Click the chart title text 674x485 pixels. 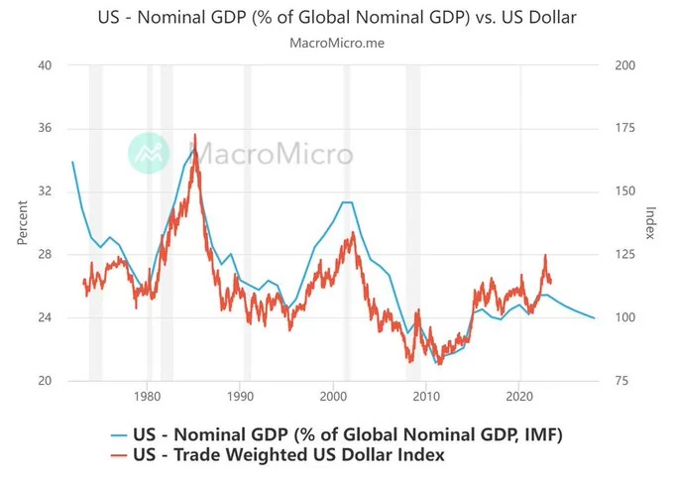tap(337, 17)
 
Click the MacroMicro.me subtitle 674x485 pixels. tap(337, 43)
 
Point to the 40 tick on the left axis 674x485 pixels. tap(45, 65)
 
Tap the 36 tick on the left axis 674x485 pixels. tap(45, 129)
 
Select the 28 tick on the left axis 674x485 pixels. tap(45, 255)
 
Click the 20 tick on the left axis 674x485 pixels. tap(45, 381)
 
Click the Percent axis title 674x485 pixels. tap(22, 223)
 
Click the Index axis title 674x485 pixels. tap(650, 223)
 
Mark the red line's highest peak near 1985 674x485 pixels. tap(194, 134)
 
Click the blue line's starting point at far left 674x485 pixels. tap(72, 161)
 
